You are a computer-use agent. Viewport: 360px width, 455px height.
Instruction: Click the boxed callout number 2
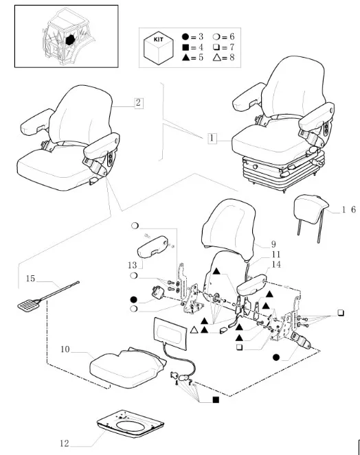(139, 103)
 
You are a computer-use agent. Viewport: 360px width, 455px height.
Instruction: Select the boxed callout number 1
(212, 138)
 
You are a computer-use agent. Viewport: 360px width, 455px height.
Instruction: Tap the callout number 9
(273, 244)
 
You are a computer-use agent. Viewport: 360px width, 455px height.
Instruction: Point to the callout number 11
(276, 255)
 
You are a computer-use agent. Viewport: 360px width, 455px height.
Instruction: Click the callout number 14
(276, 264)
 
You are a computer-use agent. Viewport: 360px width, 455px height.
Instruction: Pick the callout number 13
(132, 265)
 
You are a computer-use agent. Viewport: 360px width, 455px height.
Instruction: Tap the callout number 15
(30, 279)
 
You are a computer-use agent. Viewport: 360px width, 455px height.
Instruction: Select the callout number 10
(65, 349)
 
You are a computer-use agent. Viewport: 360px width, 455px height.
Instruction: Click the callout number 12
(65, 443)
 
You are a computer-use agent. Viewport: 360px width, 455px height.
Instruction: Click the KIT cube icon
(158, 48)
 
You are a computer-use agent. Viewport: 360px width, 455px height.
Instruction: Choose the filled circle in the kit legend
(185, 36)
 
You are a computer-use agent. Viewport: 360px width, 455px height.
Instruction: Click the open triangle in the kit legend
(216, 58)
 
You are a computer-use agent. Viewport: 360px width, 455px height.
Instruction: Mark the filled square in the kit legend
(185, 47)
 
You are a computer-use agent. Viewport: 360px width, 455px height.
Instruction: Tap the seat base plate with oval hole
(131, 424)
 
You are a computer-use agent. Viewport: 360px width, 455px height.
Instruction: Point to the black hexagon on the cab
(70, 39)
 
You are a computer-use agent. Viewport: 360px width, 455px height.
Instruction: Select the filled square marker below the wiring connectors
(216, 400)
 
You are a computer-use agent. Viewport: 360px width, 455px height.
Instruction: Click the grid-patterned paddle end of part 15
(29, 305)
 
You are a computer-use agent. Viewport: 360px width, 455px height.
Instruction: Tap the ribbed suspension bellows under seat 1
(283, 171)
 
